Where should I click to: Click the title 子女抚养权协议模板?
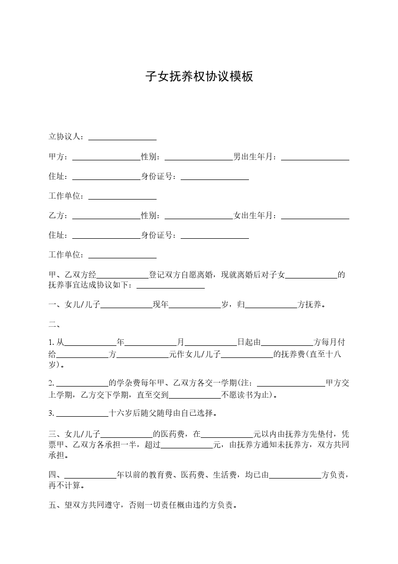coord(199,76)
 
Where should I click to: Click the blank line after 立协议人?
coord(122,137)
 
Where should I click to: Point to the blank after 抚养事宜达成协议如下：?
coord(171,286)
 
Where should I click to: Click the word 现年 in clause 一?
coord(161,305)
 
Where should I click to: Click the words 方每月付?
coord(329,342)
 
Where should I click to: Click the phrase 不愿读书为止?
coord(246,395)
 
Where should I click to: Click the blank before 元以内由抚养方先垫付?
coord(227,433)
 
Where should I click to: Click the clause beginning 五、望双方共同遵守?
coord(143,505)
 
